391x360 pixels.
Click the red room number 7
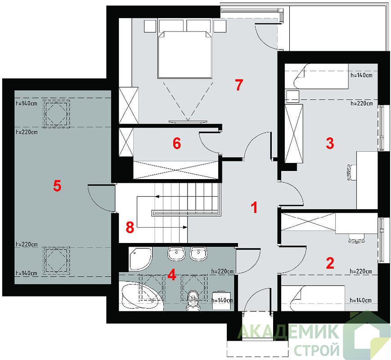[x=238, y=85]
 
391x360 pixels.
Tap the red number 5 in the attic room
[x=57, y=186]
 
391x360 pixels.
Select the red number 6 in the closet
[x=177, y=144]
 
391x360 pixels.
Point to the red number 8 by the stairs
[x=130, y=227]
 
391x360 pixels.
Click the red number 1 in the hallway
[x=254, y=207]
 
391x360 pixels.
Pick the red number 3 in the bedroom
[x=330, y=143]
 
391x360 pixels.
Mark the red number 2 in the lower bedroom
[x=330, y=263]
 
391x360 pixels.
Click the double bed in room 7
[x=185, y=54]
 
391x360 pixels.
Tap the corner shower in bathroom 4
[x=140, y=259]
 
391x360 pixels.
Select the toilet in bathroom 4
[x=193, y=300]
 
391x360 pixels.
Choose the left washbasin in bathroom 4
[x=176, y=254]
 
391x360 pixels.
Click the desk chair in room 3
[x=351, y=171]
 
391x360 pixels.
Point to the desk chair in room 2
[x=357, y=238]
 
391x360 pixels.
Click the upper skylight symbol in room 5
[x=56, y=114]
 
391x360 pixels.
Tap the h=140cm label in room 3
[x=361, y=75]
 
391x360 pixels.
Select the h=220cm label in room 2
[x=361, y=271]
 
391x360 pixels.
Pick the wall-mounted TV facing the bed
[x=188, y=121]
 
